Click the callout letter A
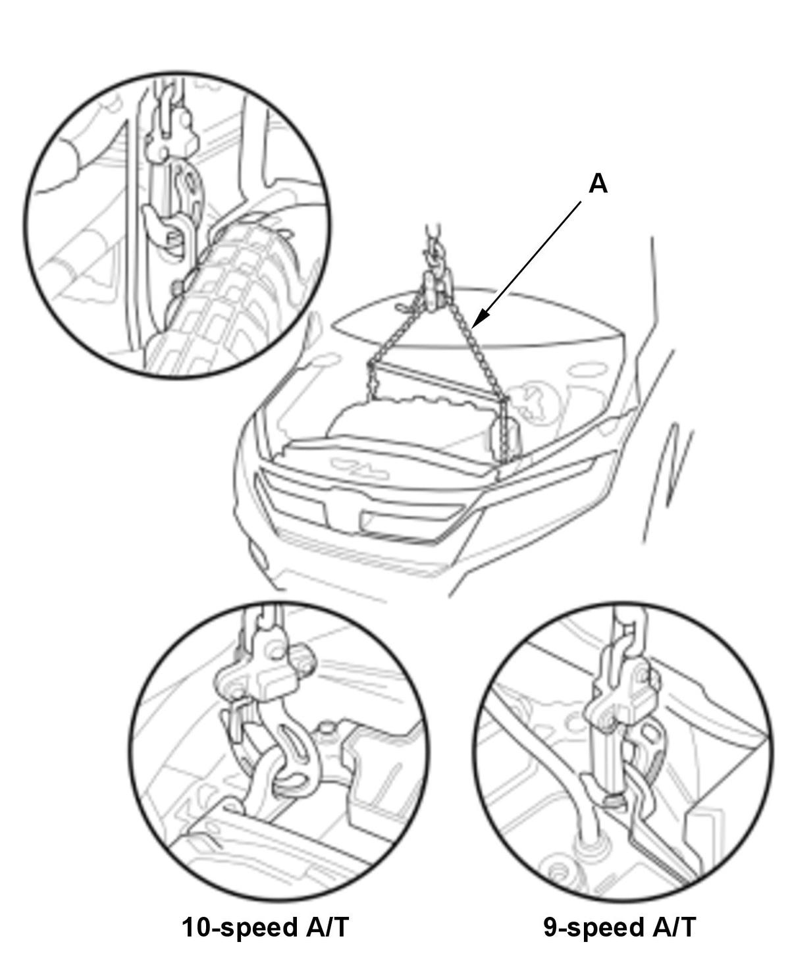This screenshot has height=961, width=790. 598,184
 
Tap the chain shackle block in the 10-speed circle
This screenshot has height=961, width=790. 265,673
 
